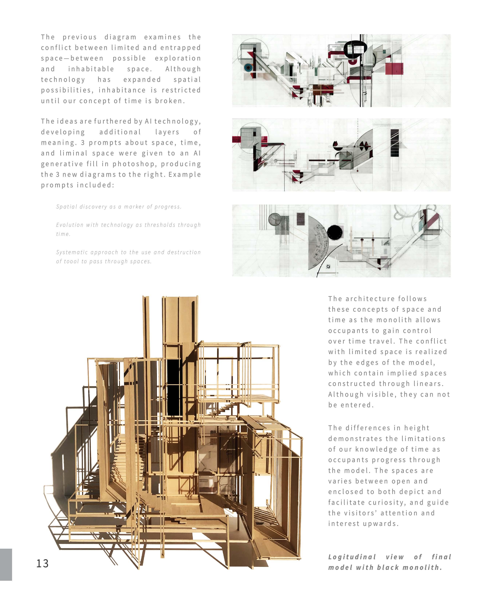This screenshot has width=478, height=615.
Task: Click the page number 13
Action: click(42, 563)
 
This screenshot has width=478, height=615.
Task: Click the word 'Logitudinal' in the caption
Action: click(352, 557)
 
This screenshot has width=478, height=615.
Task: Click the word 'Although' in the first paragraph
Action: click(183, 69)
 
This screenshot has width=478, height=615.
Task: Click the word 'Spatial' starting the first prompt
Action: click(66, 207)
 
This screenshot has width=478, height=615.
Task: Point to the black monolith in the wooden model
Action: click(173, 387)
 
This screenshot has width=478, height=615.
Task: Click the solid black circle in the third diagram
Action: click(335, 233)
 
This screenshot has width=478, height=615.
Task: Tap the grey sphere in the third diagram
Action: click(274, 219)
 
